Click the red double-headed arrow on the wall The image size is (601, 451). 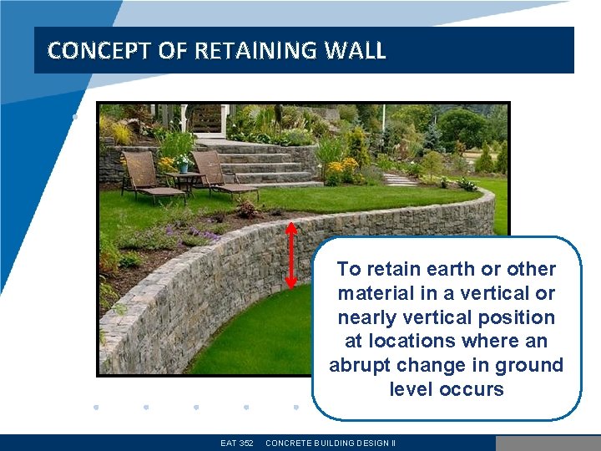[291, 255]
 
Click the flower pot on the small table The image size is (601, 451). [183, 165]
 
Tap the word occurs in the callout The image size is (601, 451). [474, 389]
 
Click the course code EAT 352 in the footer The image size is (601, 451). [237, 443]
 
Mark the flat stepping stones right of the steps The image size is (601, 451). [399, 179]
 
